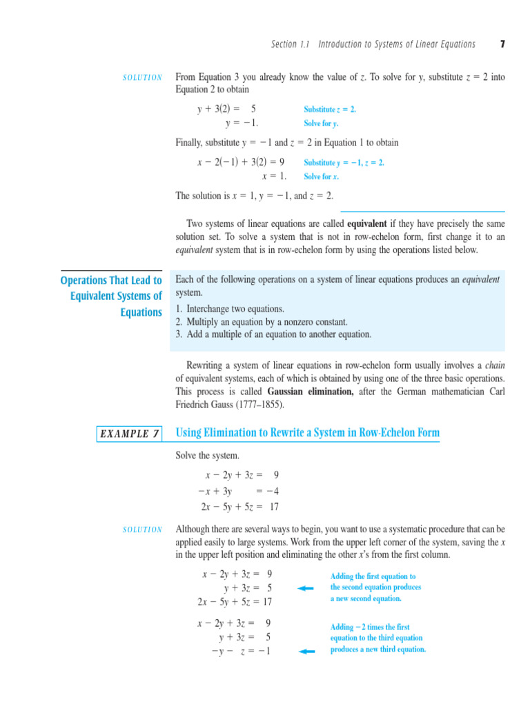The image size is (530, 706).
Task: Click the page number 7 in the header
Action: click(x=502, y=44)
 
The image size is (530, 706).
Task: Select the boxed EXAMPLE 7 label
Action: click(x=130, y=434)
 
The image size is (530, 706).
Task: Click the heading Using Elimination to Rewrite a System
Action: click(x=308, y=433)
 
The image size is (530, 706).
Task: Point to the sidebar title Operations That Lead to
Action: click(x=111, y=281)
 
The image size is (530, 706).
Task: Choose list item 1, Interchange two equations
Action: click(x=230, y=309)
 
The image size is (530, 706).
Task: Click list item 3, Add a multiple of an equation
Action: click(x=273, y=334)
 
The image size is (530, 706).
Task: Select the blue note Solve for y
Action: click(x=321, y=124)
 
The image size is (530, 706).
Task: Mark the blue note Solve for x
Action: click(x=321, y=176)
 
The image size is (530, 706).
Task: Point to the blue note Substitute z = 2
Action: click(x=330, y=110)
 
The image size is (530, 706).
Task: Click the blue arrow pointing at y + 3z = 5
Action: click(x=305, y=588)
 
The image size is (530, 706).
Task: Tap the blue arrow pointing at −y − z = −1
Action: click(x=305, y=652)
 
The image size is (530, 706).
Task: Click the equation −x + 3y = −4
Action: click(x=238, y=492)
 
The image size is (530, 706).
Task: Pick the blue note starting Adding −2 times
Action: click(x=377, y=638)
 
